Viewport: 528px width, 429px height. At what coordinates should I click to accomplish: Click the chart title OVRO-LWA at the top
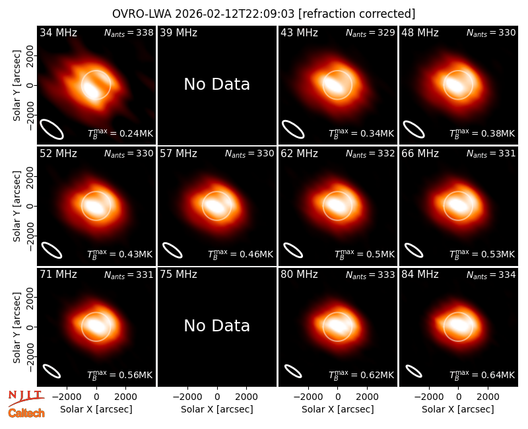pos(263,14)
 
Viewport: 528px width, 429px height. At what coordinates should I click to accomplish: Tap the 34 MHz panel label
pos(58,32)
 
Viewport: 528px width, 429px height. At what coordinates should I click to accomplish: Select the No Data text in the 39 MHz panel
pos(217,84)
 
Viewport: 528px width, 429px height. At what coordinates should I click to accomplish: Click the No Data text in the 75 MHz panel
pos(217,325)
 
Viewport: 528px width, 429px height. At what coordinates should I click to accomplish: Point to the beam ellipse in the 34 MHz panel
pos(51,129)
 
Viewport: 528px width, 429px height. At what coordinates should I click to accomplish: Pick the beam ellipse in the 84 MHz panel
pos(414,372)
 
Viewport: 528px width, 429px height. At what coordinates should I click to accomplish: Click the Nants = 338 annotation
pos(129,32)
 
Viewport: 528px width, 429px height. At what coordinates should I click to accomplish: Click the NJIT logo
pos(26,398)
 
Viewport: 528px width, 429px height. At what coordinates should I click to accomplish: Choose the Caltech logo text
pos(26,413)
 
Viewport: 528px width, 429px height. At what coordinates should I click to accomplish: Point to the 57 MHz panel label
pos(178,154)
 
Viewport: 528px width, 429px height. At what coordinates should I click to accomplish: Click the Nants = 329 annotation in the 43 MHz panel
pos(370,32)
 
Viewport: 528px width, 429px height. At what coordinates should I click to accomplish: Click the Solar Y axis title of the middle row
pos(16,206)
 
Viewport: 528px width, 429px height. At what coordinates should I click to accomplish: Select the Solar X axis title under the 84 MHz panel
pos(458,409)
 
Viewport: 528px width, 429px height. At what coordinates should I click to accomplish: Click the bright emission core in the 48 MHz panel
pos(457,84)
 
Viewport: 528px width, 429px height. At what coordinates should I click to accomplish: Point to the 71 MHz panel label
pos(58,275)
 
